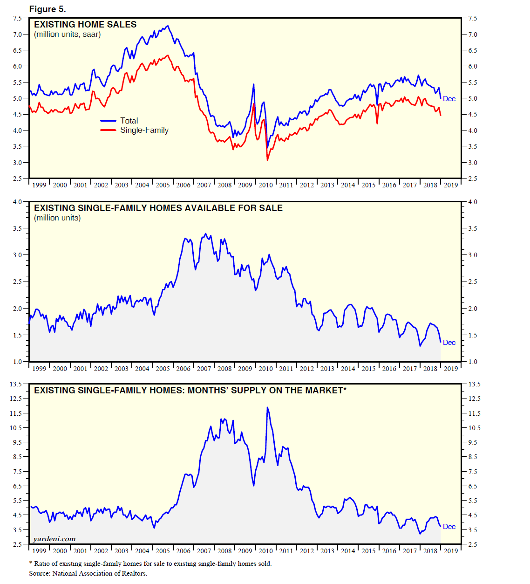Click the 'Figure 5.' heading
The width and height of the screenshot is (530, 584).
48,9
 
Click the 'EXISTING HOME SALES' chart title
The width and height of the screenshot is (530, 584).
85,25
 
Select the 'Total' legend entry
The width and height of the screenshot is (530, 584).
129,121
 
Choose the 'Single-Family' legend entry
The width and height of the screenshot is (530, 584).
144,131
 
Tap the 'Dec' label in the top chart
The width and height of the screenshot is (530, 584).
449,99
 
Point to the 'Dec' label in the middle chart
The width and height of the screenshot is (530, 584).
449,343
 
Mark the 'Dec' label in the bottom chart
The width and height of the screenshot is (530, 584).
449,527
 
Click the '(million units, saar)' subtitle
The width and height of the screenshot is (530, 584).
68,34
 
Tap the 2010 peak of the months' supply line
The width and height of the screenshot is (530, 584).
267,408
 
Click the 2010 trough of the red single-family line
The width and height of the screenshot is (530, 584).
267,160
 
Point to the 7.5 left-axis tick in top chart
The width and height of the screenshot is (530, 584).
17,18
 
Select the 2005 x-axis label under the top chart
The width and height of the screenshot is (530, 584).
163,185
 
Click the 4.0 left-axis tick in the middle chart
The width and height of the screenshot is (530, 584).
17,202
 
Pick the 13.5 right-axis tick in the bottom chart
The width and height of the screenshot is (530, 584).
474,384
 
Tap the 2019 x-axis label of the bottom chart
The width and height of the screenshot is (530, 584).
450,551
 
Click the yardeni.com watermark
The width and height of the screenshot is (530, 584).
54,539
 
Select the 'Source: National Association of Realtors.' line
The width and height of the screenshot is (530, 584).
88,573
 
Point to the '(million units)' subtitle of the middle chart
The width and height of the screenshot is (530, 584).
57,218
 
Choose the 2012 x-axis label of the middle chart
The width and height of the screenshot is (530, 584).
306,369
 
